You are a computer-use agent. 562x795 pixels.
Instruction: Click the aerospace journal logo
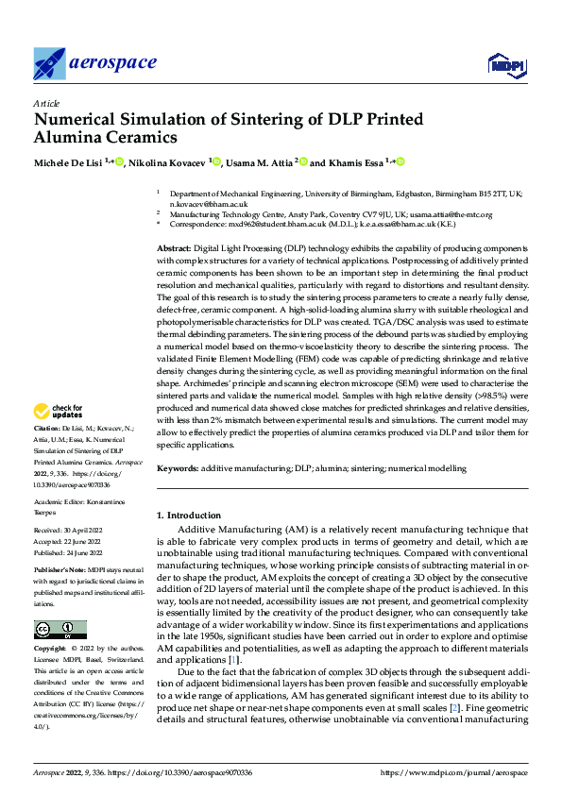click(94, 62)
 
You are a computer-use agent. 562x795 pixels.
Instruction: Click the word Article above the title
click(45, 103)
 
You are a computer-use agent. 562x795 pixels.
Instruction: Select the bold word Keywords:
click(178, 468)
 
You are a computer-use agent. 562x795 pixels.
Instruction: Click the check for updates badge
click(60, 412)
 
